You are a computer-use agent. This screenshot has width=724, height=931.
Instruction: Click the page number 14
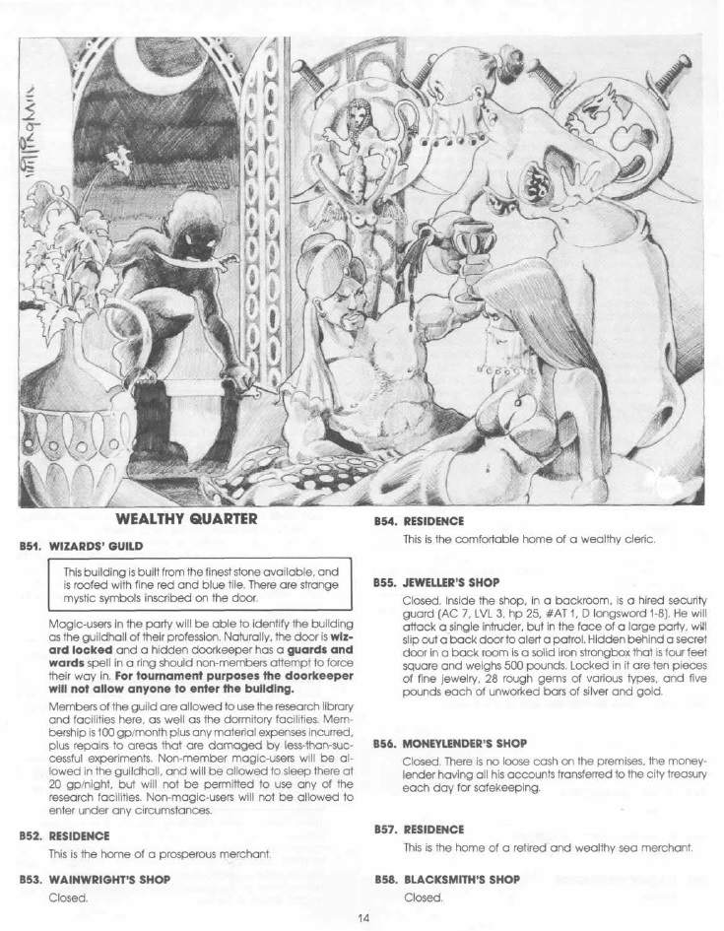point(362,918)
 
